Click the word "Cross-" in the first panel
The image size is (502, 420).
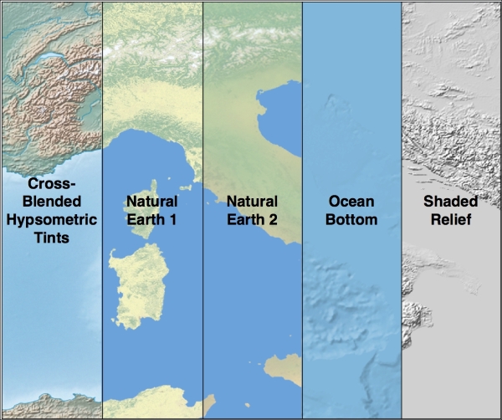[x=51, y=183]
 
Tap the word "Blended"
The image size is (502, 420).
[x=51, y=202]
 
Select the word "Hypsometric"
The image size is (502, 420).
[x=51, y=220]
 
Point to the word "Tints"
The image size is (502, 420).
[x=51, y=238]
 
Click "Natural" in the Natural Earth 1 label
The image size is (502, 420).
[x=151, y=202]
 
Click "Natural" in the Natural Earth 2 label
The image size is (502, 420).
[x=252, y=202]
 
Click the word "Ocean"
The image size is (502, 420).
[x=352, y=202]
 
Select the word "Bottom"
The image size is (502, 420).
[x=352, y=220]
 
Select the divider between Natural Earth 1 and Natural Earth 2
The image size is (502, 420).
[x=202, y=293]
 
